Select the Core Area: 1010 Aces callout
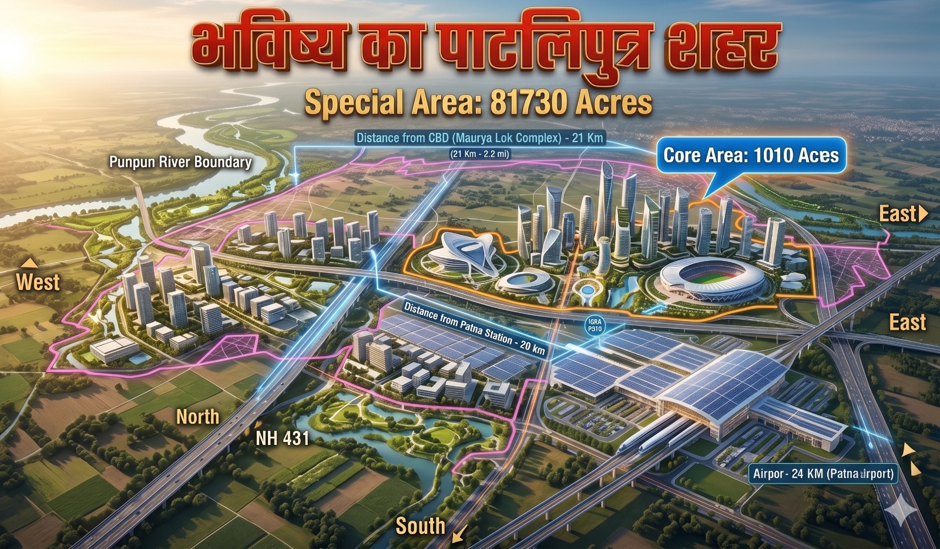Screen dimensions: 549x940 [x=751, y=155]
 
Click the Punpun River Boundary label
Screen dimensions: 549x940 [x=180, y=162]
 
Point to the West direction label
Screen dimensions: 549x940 [x=38, y=282]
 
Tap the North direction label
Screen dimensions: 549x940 [x=198, y=417]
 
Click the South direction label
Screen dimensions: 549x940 [x=420, y=525]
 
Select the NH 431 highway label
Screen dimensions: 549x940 [x=282, y=438]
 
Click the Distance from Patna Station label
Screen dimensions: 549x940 [x=475, y=328]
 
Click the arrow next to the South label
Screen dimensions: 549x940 [x=460, y=533]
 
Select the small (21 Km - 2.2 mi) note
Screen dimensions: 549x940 [x=479, y=155]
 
